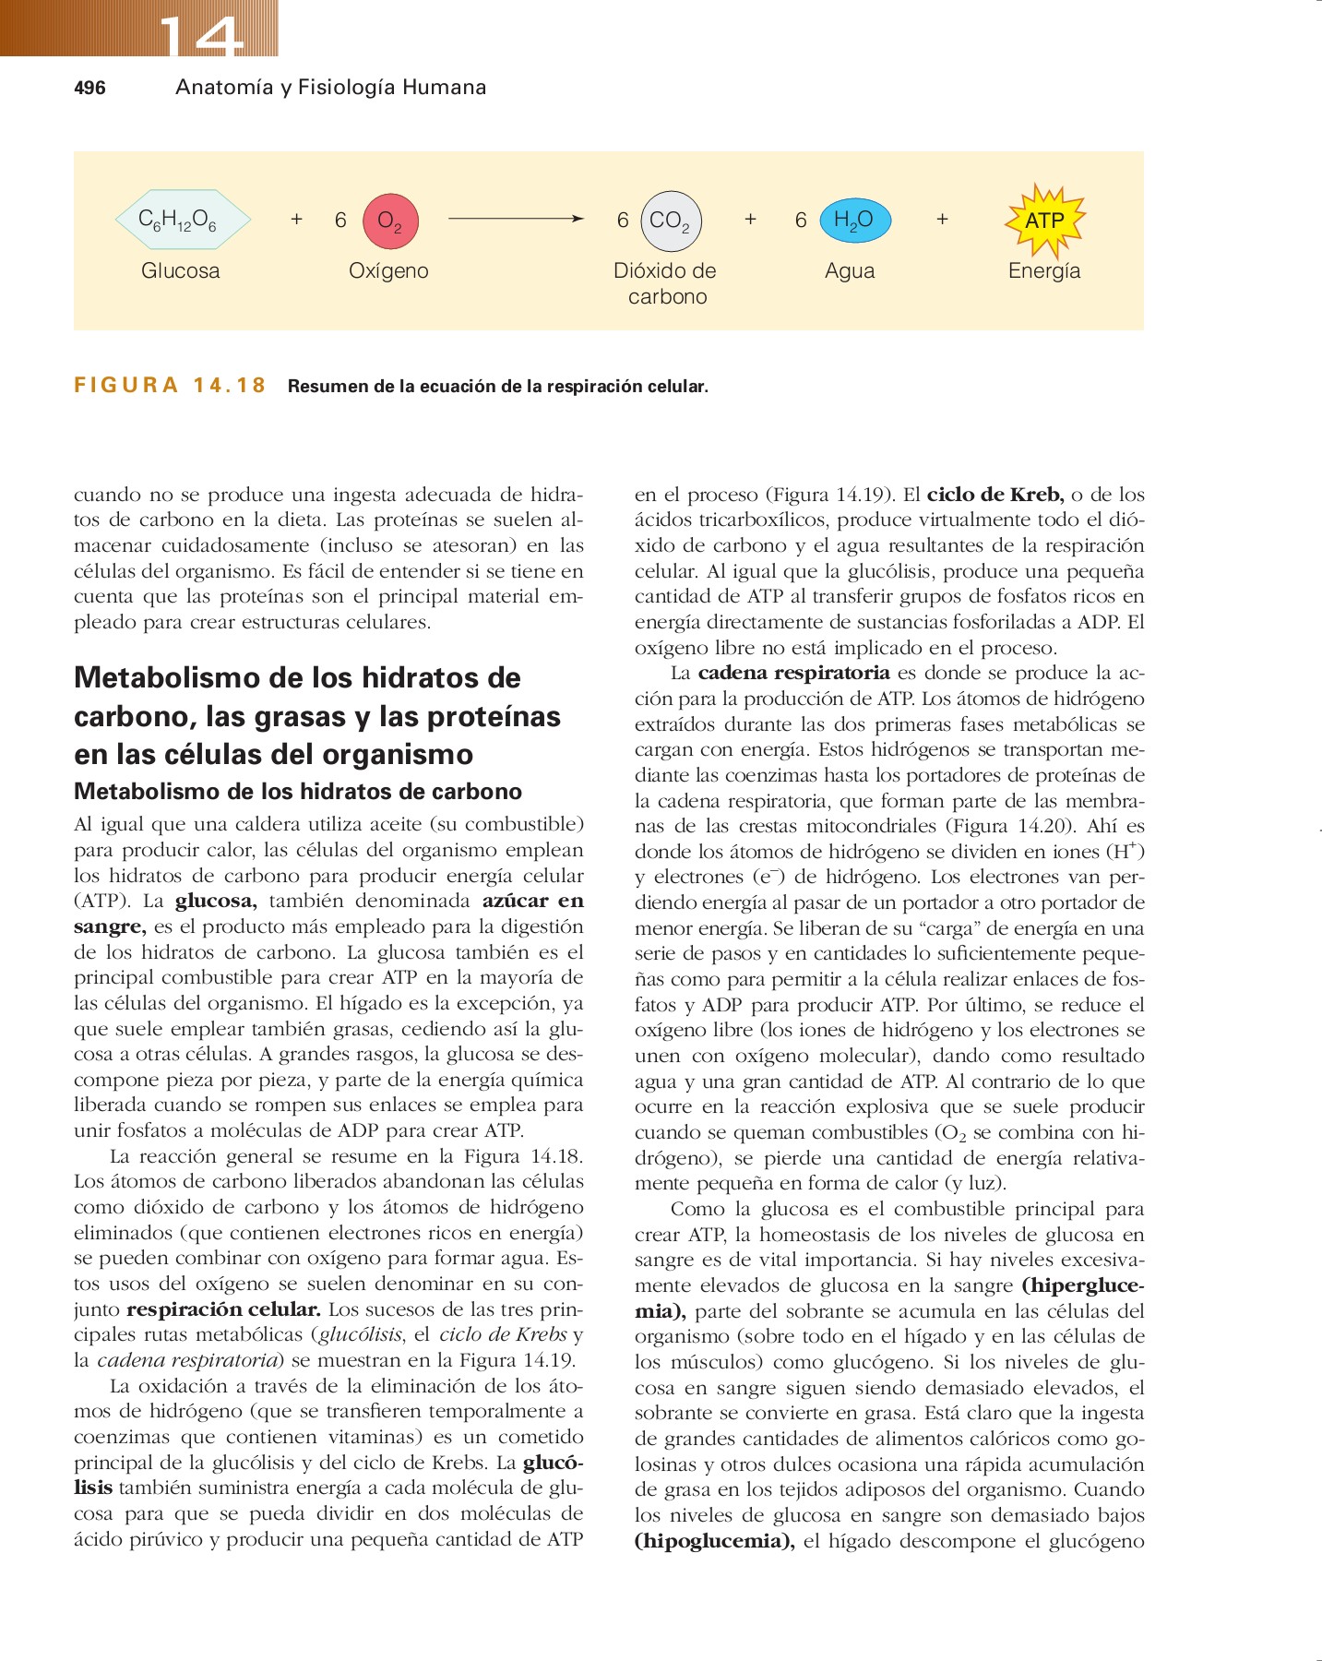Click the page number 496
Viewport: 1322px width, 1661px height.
point(89,88)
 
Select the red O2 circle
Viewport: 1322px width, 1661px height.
point(390,221)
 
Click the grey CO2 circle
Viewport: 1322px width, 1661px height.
point(671,221)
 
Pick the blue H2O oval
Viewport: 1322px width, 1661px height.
point(854,220)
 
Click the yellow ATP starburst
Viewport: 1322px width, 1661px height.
point(1044,221)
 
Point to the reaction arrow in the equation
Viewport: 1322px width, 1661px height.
point(515,220)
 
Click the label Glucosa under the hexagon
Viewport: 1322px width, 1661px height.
point(180,271)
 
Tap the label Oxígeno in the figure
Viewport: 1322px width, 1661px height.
point(388,271)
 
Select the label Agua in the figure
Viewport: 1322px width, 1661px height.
point(850,271)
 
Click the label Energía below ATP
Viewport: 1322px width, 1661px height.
point(1044,271)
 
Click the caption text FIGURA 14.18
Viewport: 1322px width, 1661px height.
point(170,386)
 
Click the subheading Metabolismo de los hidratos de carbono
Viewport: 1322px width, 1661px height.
point(297,792)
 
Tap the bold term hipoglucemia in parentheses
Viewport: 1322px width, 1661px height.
point(714,1541)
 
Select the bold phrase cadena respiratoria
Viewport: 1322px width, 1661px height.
point(793,673)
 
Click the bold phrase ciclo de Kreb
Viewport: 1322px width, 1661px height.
point(994,495)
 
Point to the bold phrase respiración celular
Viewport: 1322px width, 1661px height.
point(223,1309)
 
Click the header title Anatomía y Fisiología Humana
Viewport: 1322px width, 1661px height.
point(330,88)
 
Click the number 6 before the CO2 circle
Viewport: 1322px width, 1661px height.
point(623,221)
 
